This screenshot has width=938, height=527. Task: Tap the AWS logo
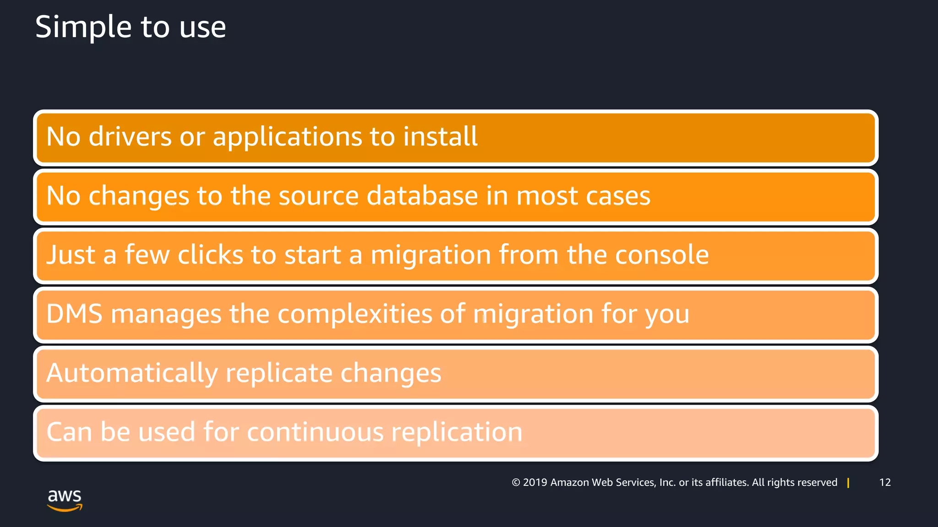tap(65, 500)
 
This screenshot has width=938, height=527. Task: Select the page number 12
tap(885, 482)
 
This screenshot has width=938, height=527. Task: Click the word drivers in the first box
tap(130, 137)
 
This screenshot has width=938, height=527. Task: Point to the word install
tap(440, 137)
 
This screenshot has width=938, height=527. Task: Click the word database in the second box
tap(422, 196)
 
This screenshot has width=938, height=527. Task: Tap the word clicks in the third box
tap(210, 255)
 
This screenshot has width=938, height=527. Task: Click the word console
tap(661, 255)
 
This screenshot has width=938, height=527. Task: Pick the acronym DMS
tap(74, 314)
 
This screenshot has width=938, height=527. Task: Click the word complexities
tap(354, 314)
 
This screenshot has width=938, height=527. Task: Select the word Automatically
tap(132, 373)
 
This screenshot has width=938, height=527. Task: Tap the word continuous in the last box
tap(315, 432)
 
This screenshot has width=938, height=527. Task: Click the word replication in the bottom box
tap(456, 432)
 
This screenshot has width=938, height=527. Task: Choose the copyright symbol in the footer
tap(516, 483)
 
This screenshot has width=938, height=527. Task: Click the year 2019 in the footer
tap(535, 483)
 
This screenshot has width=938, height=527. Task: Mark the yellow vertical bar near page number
tap(848, 483)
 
